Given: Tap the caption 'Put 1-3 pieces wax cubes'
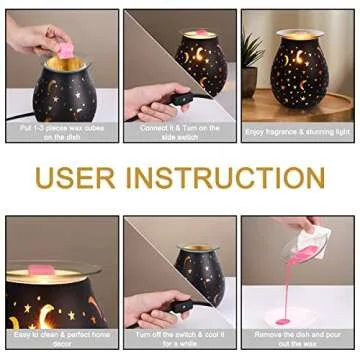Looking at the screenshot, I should point(62,127).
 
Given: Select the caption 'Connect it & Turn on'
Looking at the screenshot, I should point(180,127).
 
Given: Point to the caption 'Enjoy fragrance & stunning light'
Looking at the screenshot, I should point(298,131).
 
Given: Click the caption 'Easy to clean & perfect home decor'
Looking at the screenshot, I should point(62,338).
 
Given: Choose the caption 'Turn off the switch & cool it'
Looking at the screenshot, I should point(180,338).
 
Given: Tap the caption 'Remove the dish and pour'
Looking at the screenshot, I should point(298,338).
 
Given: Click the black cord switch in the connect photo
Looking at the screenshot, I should point(180,98).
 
